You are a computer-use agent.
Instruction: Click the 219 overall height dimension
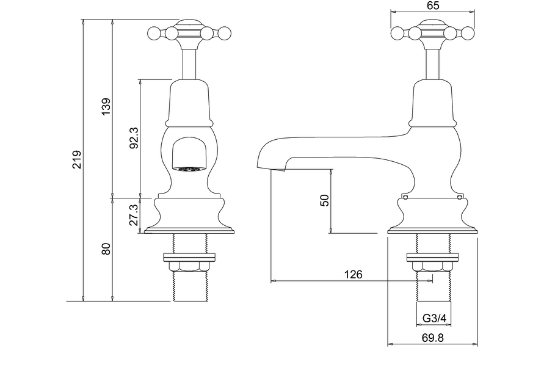pyautogui.click(x=76, y=160)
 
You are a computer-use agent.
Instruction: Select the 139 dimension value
pyautogui.click(x=106, y=107)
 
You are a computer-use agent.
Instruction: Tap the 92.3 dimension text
pyautogui.click(x=135, y=137)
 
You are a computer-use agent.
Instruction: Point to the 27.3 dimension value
pyautogui.click(x=135, y=215)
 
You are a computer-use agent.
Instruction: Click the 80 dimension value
pyautogui.click(x=106, y=249)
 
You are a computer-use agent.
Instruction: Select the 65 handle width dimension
pyautogui.click(x=433, y=5)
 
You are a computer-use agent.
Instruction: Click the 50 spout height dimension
pyautogui.click(x=325, y=200)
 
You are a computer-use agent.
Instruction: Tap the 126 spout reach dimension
pyautogui.click(x=353, y=275)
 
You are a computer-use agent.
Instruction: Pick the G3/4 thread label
pyautogui.click(x=434, y=318)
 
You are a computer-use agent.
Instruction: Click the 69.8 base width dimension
pyautogui.click(x=432, y=337)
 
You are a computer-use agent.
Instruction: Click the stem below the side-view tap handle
pyautogui.click(x=433, y=63)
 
